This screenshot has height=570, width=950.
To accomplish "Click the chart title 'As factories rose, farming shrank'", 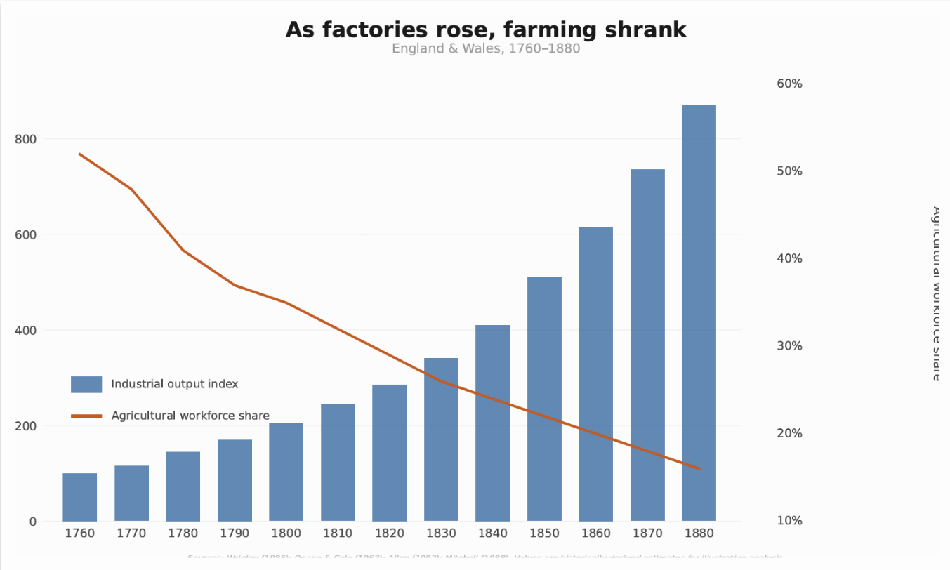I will pos(485,30).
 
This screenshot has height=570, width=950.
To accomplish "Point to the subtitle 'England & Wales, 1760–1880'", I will pos(485,49).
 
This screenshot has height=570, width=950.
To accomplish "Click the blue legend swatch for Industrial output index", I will pos(86,384).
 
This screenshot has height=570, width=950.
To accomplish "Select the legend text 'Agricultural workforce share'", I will pos(190,416).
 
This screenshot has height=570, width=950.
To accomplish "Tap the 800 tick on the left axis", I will pos(26,139).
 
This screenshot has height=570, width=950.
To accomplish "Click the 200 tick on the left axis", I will pos(26,426).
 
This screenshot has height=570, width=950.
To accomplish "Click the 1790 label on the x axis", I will pos(235,533).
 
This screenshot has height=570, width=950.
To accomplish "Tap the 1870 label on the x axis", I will pos(647,533).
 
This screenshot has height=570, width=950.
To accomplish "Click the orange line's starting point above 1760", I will pos(79,154).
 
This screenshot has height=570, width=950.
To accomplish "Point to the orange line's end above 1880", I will pos(699,468).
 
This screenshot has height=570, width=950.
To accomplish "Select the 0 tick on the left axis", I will pos(32,522).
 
